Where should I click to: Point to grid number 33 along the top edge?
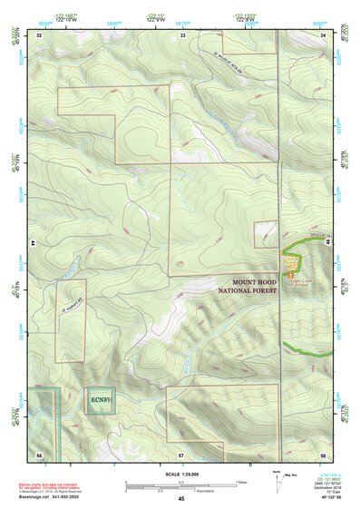point(182,35)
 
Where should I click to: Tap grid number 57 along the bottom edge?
point(181,452)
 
